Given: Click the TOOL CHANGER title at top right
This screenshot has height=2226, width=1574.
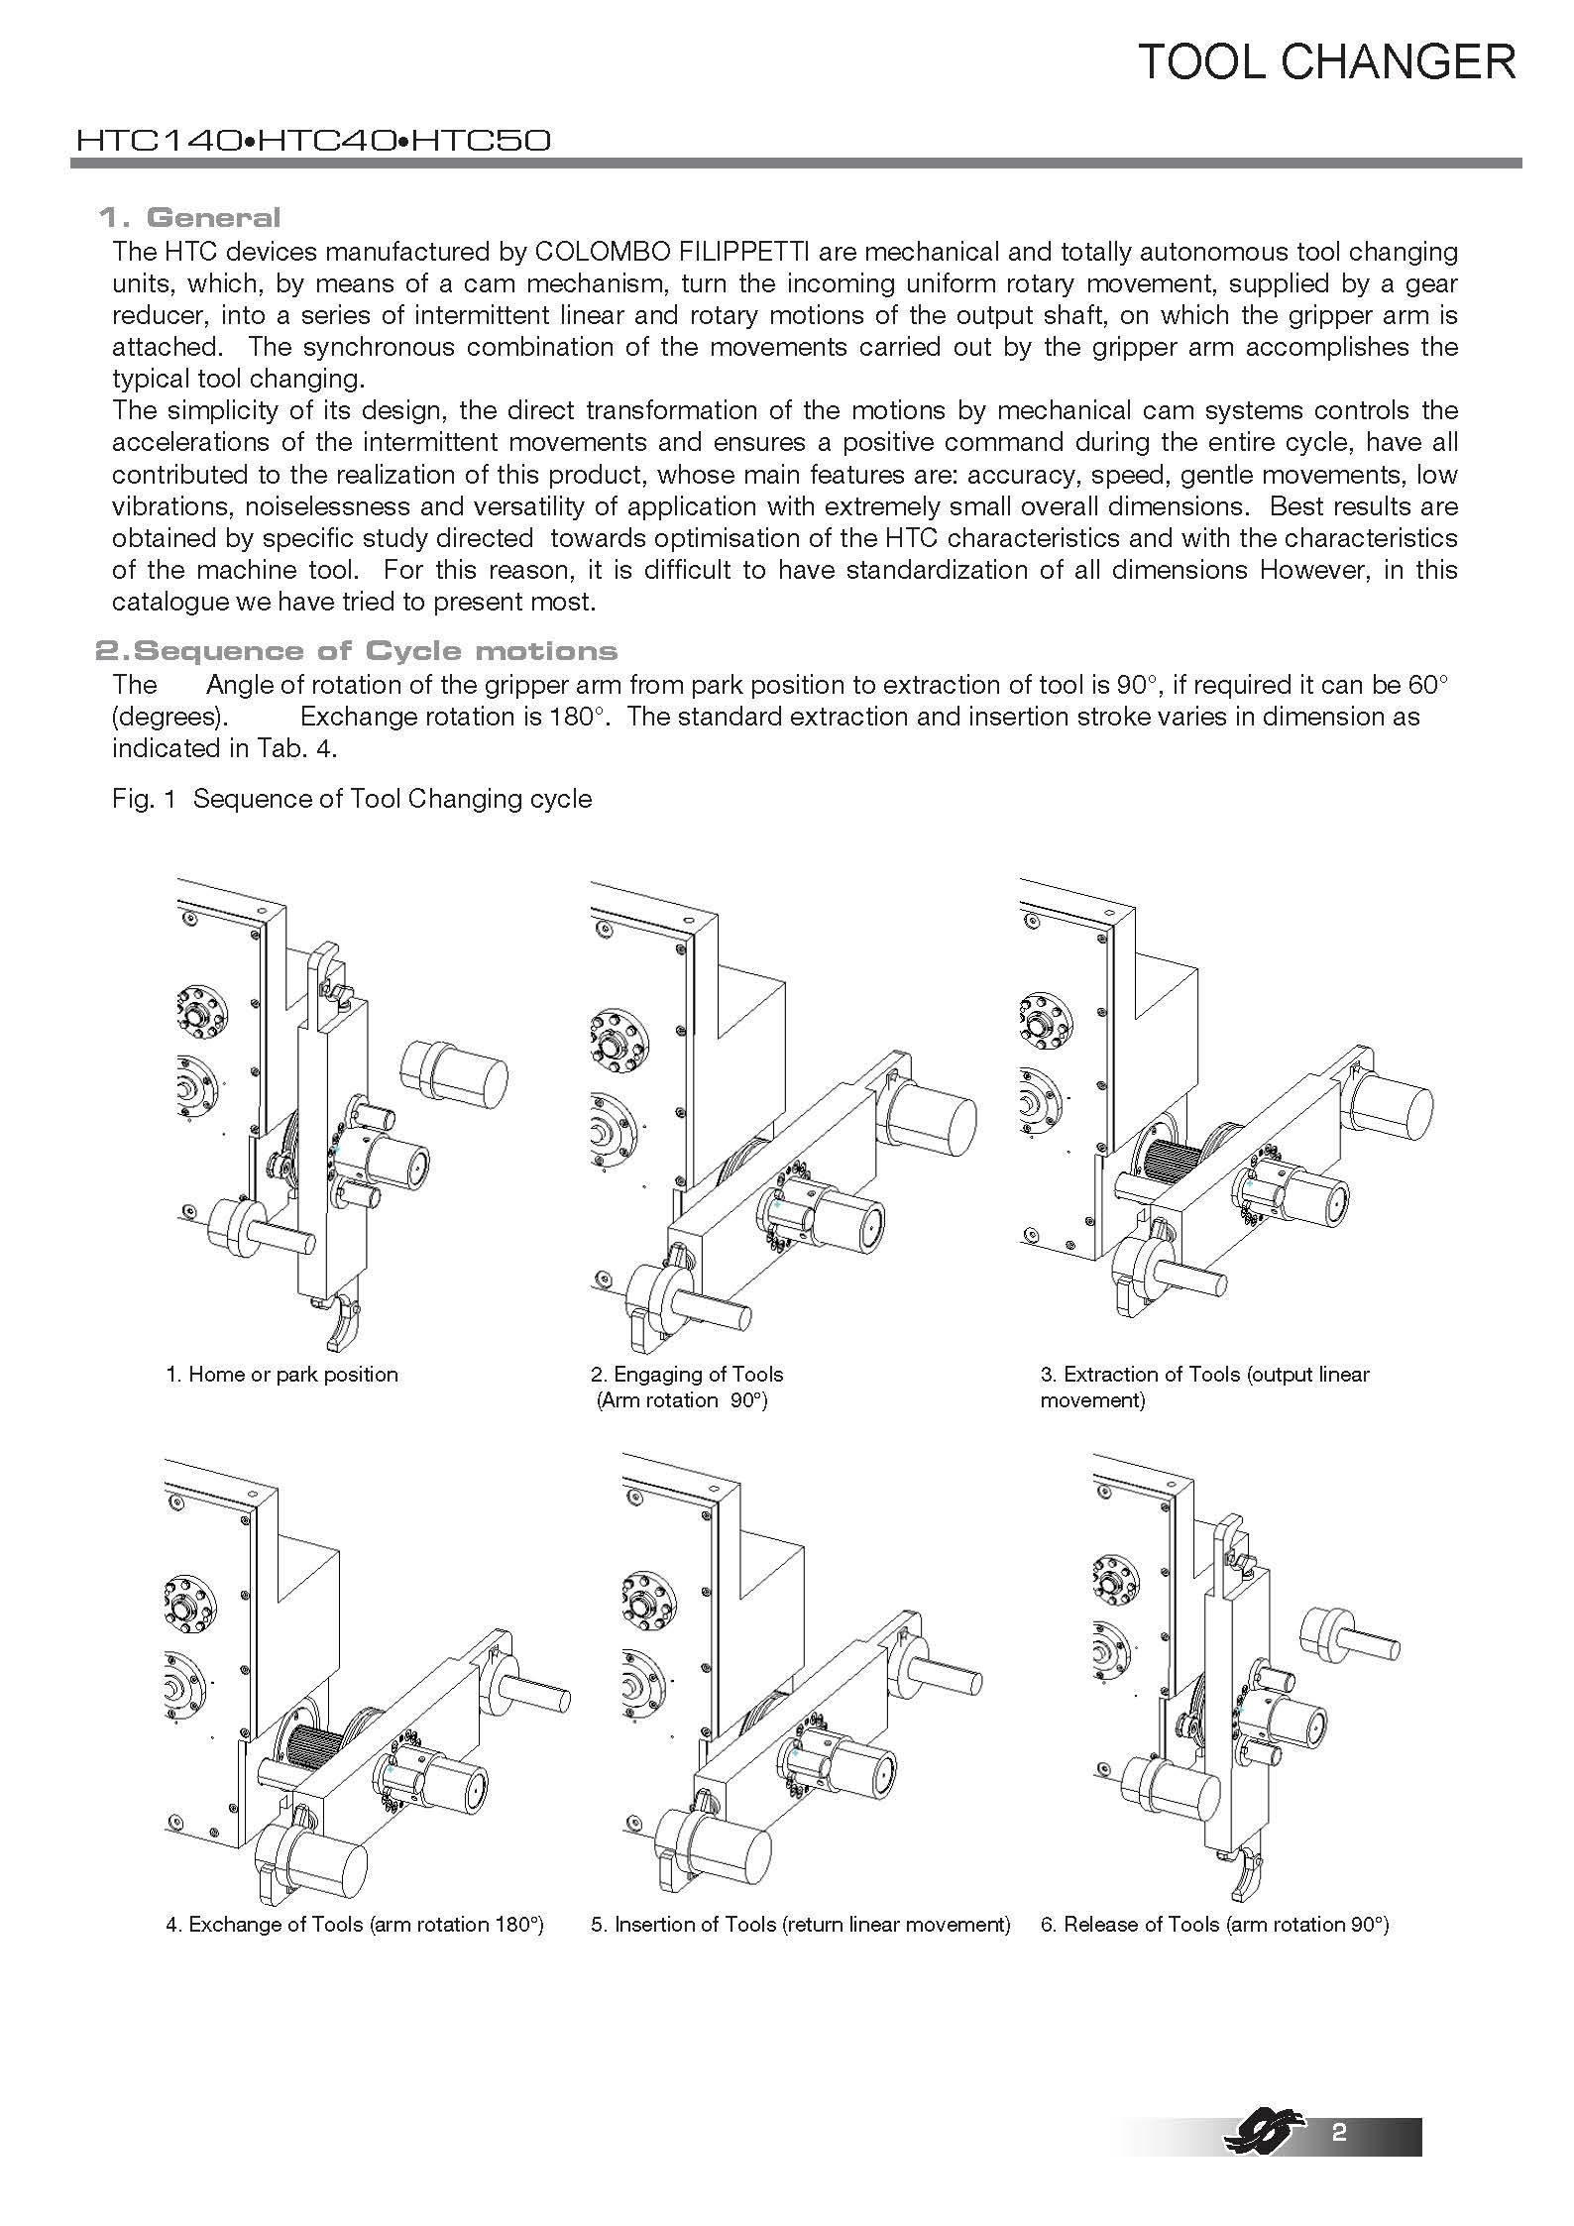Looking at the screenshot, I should tap(1326, 61).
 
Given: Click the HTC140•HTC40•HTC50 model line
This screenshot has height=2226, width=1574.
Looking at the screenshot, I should tap(313, 141).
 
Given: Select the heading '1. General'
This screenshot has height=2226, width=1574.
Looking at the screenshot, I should tap(189, 217).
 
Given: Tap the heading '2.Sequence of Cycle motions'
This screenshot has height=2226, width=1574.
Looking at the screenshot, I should tap(356, 650).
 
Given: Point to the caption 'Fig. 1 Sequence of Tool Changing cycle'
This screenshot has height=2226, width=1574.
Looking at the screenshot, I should tap(352, 799).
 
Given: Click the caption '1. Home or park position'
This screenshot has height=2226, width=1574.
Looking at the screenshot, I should tap(281, 1375).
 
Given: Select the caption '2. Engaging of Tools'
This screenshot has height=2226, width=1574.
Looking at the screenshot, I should tap(687, 1375).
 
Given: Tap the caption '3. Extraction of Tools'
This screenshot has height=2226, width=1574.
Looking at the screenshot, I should tap(1204, 1375).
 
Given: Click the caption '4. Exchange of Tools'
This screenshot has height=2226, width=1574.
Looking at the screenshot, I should tap(355, 1925).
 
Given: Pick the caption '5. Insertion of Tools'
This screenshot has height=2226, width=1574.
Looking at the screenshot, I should tap(800, 1925).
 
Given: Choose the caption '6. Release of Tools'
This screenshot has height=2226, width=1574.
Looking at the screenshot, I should tap(1214, 1925).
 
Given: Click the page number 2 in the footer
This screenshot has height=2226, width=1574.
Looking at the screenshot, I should tap(1339, 2133).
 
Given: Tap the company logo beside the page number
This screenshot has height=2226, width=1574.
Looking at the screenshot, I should tap(1262, 2131).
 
